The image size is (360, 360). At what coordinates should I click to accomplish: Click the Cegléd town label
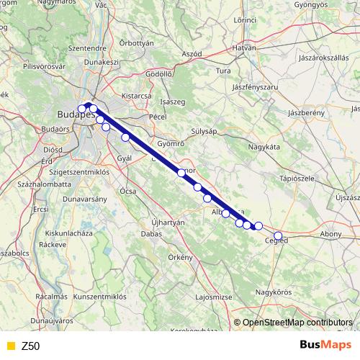coord(276,240)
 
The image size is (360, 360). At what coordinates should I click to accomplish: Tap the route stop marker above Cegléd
coord(278,235)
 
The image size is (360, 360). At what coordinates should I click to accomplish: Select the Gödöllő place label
coord(158,74)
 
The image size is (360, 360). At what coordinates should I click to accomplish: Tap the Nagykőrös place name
coord(274,292)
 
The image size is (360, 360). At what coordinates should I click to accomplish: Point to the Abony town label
coord(330,234)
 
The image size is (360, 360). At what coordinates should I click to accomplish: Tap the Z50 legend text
coord(31,346)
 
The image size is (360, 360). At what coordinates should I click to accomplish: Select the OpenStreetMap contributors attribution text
coord(297,323)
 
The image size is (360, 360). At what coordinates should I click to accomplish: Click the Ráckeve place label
coord(53,244)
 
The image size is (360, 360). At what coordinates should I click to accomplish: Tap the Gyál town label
coord(125,157)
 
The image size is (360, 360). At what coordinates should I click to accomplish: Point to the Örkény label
coord(181,256)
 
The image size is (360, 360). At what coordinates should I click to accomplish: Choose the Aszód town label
coord(192,54)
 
